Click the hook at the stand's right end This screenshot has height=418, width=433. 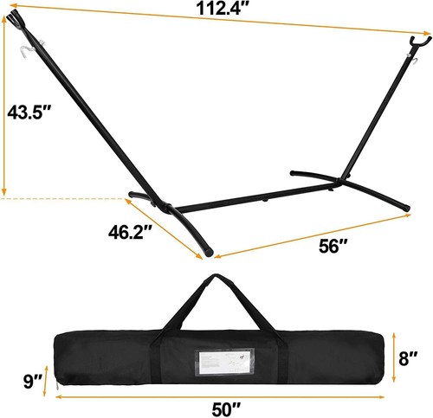417,41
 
